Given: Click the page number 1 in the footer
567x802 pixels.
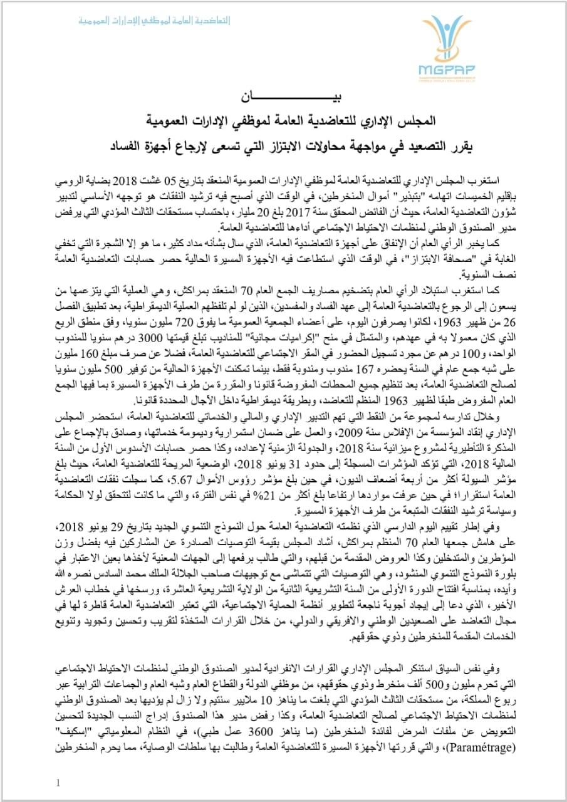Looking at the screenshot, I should (58, 782).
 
